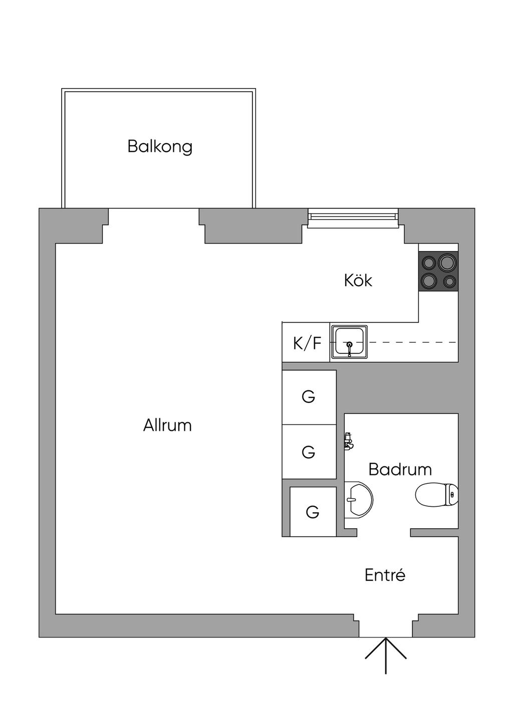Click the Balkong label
tap(160, 147)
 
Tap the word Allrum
tap(167, 425)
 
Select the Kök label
tap(358, 280)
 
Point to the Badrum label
tap(400, 469)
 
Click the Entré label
tap(385, 575)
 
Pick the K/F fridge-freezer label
tap(307, 343)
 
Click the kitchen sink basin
tap(349, 342)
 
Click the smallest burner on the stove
tap(449, 281)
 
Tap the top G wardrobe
tap(309, 396)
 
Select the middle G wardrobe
tap(309, 451)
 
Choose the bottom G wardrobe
tap(313, 512)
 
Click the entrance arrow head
tap(386, 637)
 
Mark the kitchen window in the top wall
tap(353, 218)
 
